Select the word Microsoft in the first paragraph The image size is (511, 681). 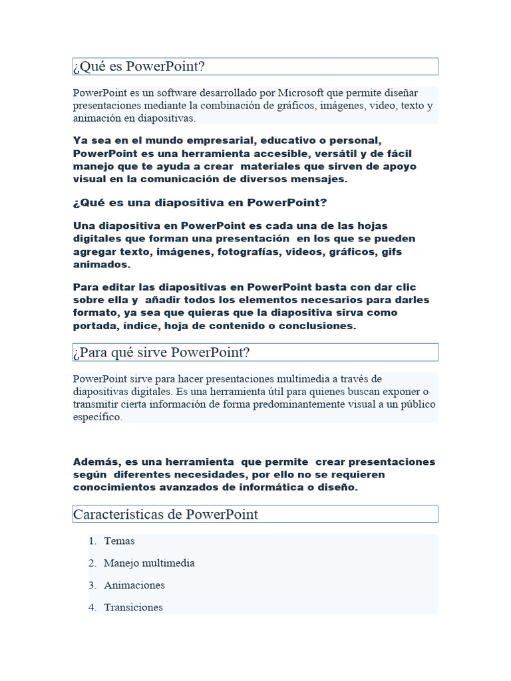click(303, 92)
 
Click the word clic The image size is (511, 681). click(404, 287)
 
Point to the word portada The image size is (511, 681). click(94, 326)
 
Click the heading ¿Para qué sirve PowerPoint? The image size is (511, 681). click(162, 352)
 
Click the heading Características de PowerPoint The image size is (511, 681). click(166, 514)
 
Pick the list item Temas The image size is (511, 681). click(119, 541)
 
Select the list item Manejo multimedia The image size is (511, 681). click(149, 563)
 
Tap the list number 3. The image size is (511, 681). click(92, 585)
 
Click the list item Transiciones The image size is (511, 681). click(133, 607)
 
